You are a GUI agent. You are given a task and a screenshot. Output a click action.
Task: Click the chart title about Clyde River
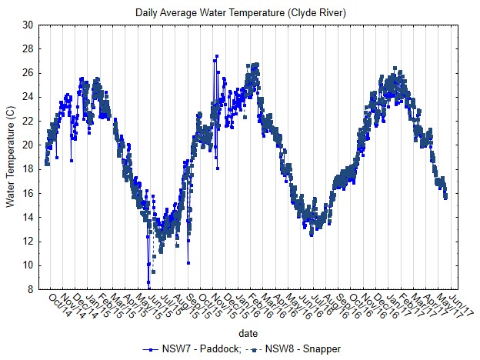pos(240,13)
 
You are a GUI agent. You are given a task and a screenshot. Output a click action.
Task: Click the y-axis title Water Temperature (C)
pos(10,157)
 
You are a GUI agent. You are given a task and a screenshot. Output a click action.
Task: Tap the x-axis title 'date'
pos(248,334)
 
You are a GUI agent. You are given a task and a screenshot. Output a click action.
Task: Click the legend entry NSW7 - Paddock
pos(203,349)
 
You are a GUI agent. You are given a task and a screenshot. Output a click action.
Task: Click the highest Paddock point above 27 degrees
pos(217,56)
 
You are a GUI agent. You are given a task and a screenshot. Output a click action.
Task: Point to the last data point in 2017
pos(445,198)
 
